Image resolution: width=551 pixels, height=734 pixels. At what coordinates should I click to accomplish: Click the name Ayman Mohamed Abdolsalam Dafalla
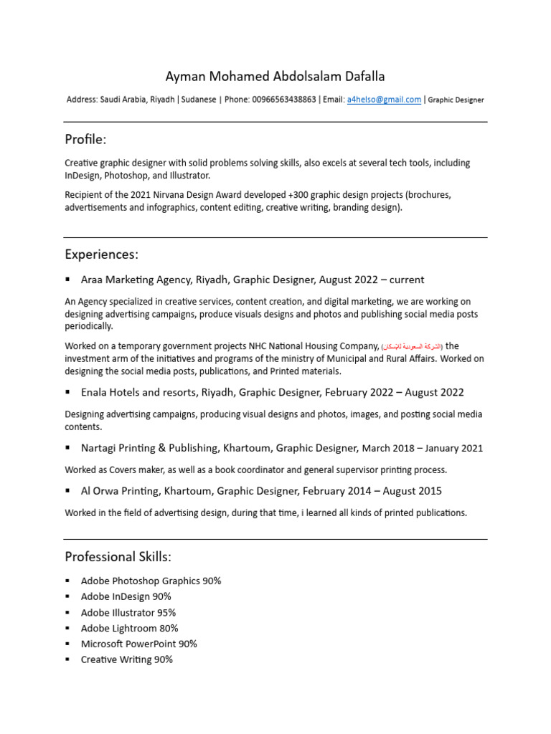(x=275, y=76)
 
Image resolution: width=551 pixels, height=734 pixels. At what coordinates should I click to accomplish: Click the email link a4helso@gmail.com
(x=384, y=100)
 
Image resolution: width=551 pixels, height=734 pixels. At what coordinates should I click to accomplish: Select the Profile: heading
(x=85, y=139)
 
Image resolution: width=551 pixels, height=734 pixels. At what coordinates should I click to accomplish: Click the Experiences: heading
(x=101, y=254)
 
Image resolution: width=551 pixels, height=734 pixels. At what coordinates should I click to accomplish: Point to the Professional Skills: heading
(x=118, y=557)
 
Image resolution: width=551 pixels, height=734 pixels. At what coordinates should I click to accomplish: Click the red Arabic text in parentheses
(x=413, y=347)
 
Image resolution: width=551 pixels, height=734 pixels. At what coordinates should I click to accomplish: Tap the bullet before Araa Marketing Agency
(x=68, y=279)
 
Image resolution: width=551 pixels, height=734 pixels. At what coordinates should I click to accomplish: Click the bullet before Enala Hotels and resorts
(x=68, y=391)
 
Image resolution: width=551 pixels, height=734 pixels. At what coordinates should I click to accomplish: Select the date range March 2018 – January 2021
(x=423, y=449)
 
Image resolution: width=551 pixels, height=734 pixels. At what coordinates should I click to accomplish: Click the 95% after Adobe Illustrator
(x=166, y=613)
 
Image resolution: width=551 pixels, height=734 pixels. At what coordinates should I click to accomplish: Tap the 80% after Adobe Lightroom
(x=169, y=629)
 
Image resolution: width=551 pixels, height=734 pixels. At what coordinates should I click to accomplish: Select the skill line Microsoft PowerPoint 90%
(x=139, y=644)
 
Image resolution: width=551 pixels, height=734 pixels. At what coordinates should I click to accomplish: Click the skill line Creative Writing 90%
(x=127, y=659)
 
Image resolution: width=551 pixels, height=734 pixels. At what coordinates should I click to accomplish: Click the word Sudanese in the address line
(x=198, y=100)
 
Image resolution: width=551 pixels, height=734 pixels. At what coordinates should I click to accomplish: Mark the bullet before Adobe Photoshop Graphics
(x=68, y=581)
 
